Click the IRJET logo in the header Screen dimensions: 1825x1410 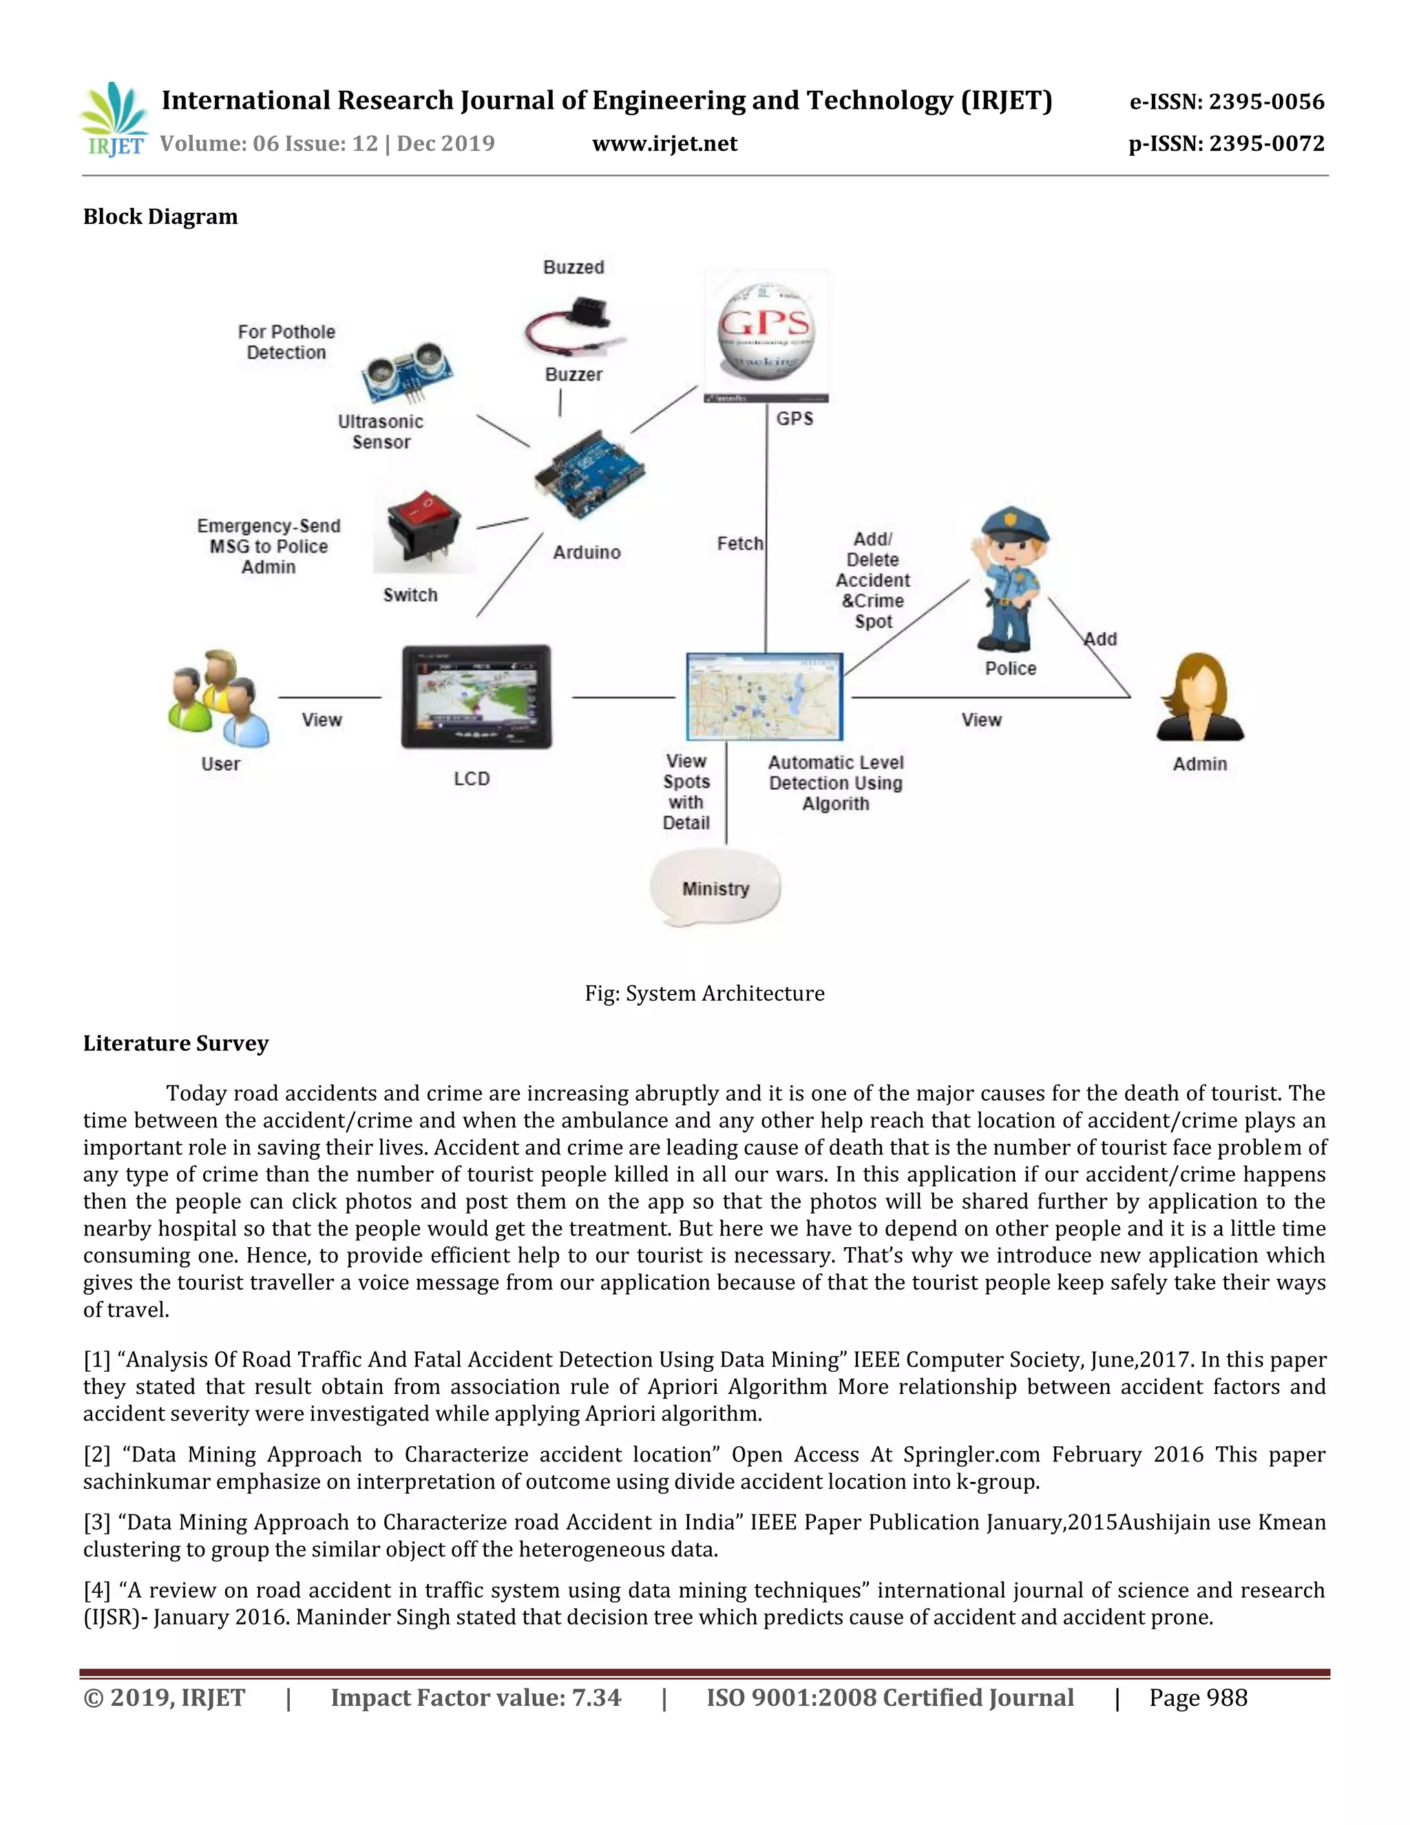[x=114, y=121]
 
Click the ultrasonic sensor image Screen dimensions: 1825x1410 [x=408, y=372]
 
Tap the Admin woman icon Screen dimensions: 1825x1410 [x=1199, y=698]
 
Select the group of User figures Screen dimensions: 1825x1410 [x=219, y=698]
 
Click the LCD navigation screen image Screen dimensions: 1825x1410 [x=476, y=696]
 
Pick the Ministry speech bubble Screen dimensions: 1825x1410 [x=715, y=888]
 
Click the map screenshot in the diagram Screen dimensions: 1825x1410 [x=764, y=696]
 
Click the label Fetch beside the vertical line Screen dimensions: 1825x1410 [x=739, y=544]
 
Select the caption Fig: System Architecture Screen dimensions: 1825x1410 [x=704, y=994]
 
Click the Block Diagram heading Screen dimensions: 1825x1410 [x=160, y=217]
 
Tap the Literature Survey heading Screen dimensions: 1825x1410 [x=176, y=1043]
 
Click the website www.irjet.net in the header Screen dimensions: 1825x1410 [x=664, y=145]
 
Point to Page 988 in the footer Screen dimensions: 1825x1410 [x=1197, y=1697]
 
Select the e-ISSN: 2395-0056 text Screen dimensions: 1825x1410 [x=1226, y=102]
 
